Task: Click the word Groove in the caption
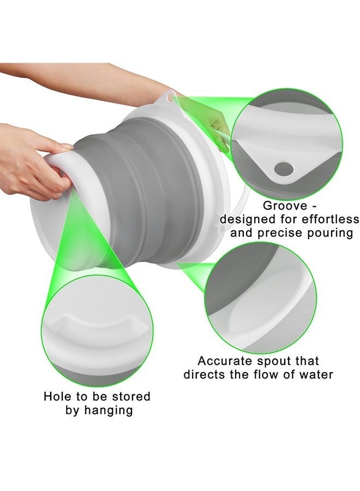click(x=285, y=206)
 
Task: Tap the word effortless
click(x=330, y=219)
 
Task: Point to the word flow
click(x=278, y=374)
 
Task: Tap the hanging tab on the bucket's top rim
click(x=172, y=97)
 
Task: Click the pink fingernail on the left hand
click(x=67, y=146)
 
